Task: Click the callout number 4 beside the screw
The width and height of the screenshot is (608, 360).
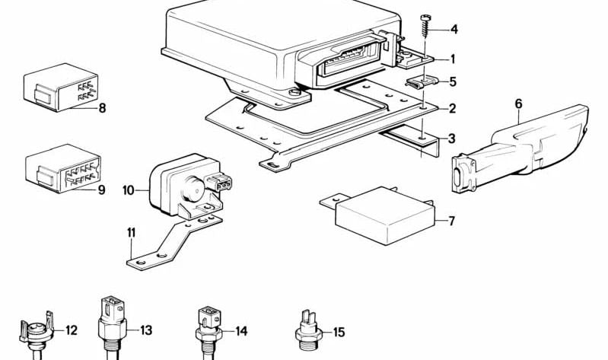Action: pos(454,29)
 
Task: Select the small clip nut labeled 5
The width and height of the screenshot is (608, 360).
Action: pos(422,81)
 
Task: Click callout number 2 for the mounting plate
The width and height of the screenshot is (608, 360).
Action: pos(452,109)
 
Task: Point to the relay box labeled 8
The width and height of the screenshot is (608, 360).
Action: pos(60,88)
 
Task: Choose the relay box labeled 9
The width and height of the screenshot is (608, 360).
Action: pos(63,168)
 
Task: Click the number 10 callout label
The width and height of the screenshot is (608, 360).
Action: pos(128,190)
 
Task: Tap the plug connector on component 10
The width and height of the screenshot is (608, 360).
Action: pos(219,183)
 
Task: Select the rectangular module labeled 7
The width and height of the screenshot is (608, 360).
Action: pos(379,215)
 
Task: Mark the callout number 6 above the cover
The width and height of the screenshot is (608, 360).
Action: pos(518,104)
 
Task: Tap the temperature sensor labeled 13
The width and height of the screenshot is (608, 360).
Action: pos(112,328)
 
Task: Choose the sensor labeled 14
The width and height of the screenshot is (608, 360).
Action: pos(209,332)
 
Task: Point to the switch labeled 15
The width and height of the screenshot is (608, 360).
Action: pos(308,331)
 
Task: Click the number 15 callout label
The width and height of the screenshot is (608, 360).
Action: pos(339,332)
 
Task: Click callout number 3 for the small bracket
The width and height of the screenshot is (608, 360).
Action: pos(451,139)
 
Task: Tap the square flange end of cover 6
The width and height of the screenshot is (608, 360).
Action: pos(463,173)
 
